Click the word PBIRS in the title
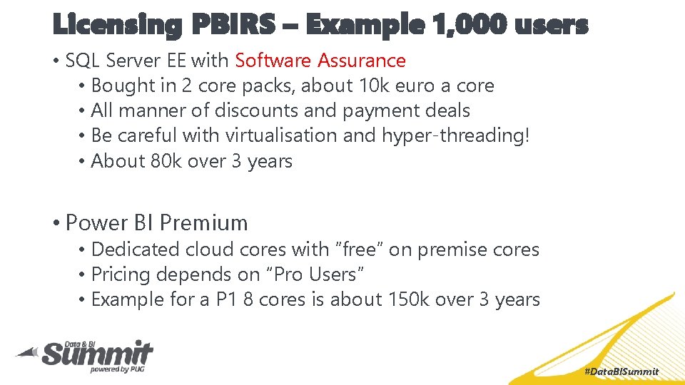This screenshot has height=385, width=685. pos(233,26)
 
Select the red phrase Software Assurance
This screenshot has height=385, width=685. pos(320,61)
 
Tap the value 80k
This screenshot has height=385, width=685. pos(166,161)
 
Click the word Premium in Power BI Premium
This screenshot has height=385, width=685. pos(203,222)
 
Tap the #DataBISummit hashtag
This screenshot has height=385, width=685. pos(621,372)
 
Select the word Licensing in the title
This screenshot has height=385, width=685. pos(118,26)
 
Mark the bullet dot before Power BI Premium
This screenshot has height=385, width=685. pos(56,223)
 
